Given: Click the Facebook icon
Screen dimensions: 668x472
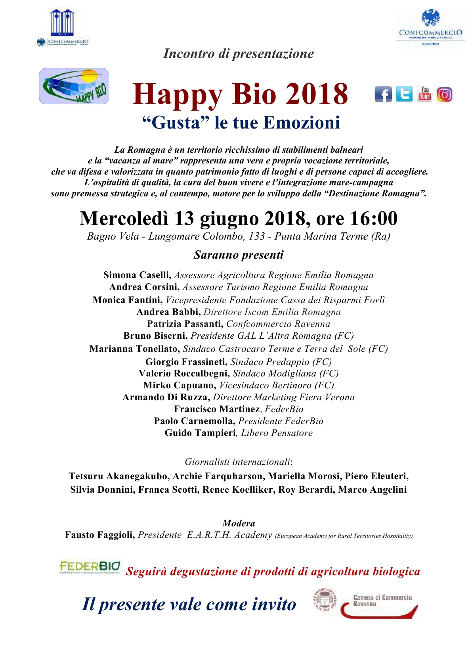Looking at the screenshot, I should (x=383, y=94).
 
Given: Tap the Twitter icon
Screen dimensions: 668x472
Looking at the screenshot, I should (x=404, y=94).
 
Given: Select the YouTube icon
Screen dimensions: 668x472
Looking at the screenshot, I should (x=424, y=94).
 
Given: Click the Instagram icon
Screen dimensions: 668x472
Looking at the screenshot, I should (x=445, y=95).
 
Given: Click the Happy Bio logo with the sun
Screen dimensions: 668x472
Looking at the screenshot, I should (x=74, y=86).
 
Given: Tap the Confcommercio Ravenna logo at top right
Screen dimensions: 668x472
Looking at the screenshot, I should (x=430, y=29).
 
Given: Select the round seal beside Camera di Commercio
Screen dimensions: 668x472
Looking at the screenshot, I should (x=324, y=600).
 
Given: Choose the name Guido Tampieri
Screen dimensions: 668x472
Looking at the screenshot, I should (x=200, y=433).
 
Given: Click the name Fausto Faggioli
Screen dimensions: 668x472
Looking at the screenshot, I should (x=100, y=535).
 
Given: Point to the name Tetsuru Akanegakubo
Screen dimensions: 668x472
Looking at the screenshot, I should (x=119, y=476).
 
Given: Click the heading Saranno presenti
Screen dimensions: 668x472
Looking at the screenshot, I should (x=239, y=255).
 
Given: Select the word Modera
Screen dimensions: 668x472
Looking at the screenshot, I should (x=239, y=523).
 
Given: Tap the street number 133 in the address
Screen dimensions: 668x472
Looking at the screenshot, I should (x=257, y=236).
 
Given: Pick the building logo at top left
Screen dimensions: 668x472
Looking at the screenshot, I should (x=62, y=23).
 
